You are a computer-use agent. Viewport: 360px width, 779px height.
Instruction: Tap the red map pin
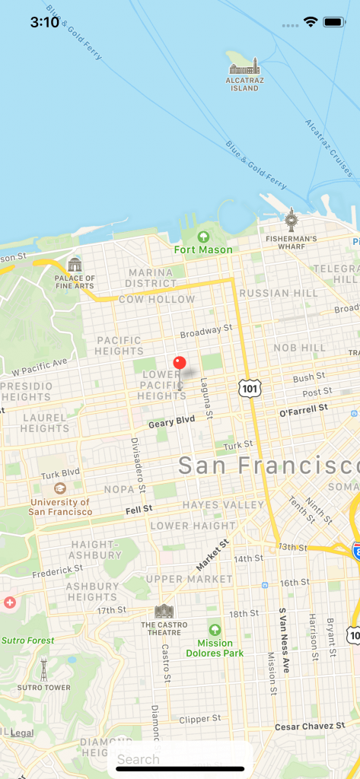(x=180, y=363)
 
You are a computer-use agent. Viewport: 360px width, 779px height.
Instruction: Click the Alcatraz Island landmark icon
(x=244, y=67)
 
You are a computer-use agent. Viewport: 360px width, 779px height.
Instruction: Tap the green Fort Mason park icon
(x=203, y=237)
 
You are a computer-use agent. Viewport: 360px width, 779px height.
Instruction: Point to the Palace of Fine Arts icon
(x=75, y=265)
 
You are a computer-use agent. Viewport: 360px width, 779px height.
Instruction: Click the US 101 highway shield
(x=249, y=388)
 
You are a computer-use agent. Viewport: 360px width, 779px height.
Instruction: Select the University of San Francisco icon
(x=59, y=488)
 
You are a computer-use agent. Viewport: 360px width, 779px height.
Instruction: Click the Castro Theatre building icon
(x=164, y=611)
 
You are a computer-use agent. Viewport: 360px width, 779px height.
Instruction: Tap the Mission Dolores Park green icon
(x=215, y=630)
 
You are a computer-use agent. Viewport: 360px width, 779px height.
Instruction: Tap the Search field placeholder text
(x=139, y=759)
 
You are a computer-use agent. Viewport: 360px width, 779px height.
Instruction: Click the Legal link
(x=22, y=733)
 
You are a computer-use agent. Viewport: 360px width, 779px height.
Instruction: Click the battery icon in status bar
(x=333, y=22)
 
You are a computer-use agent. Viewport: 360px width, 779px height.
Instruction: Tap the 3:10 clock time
(x=45, y=22)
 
